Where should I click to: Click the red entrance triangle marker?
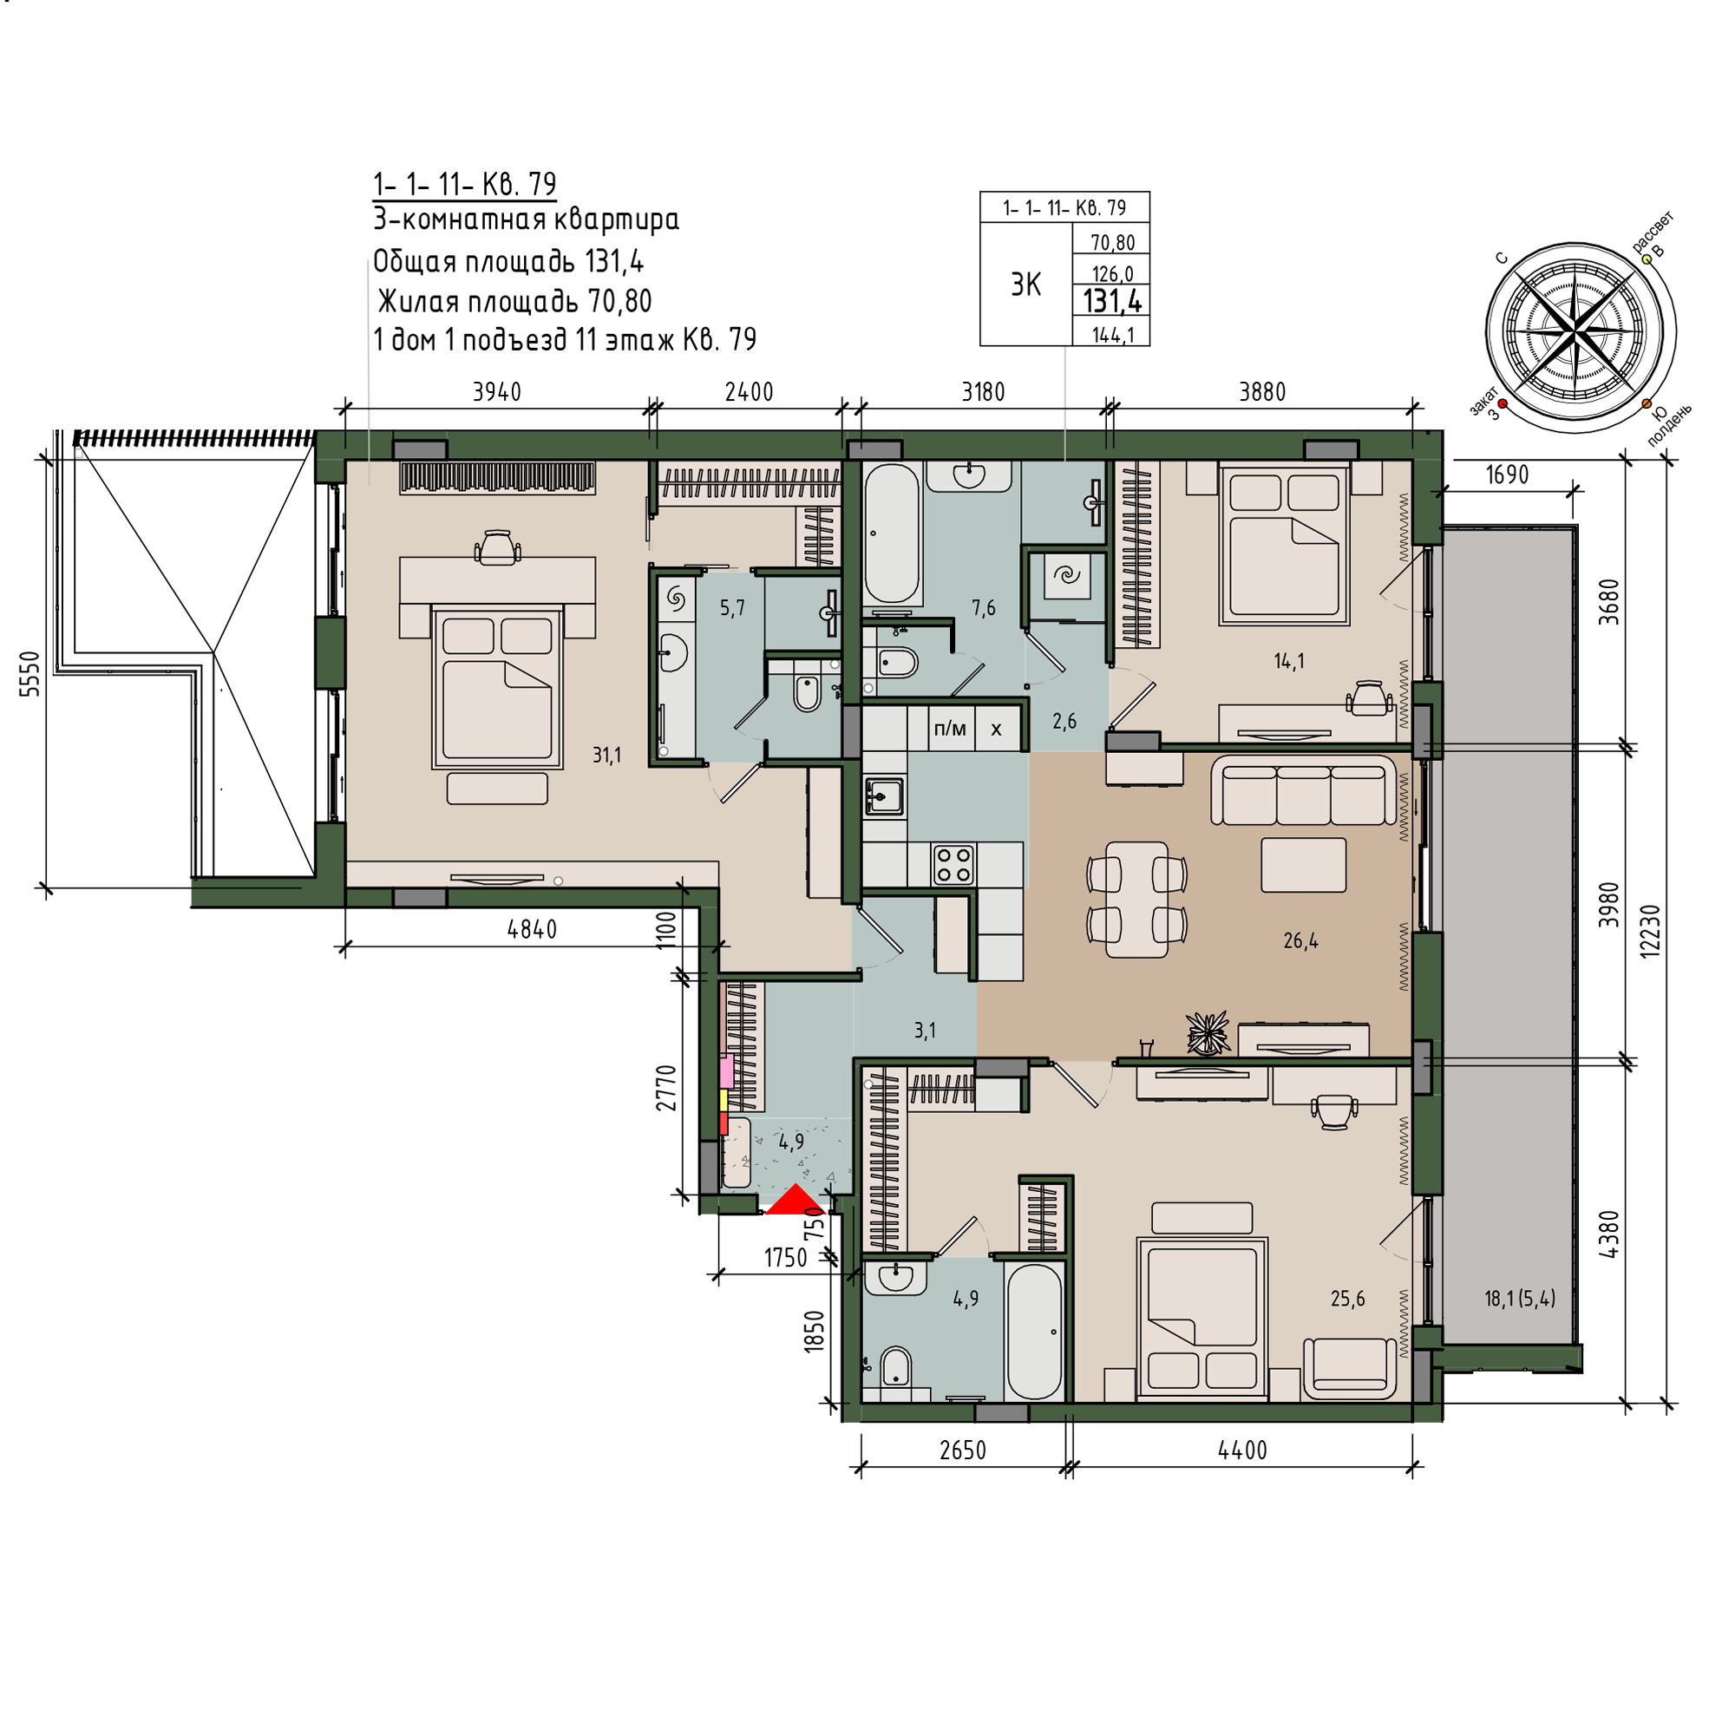click(x=795, y=1201)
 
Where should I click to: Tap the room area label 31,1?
click(x=606, y=756)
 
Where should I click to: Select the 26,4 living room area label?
click(x=1300, y=941)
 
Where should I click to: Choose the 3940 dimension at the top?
click(x=496, y=391)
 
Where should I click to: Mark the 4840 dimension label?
click(x=532, y=929)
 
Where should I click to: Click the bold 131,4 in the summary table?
click(x=1112, y=301)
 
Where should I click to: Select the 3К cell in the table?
click(x=1025, y=285)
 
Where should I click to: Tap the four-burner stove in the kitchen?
click(x=953, y=865)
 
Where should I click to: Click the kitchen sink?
click(x=885, y=795)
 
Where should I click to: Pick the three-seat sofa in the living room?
click(x=1304, y=789)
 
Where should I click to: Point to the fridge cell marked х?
click(x=996, y=730)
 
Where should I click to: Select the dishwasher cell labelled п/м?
click(x=950, y=730)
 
